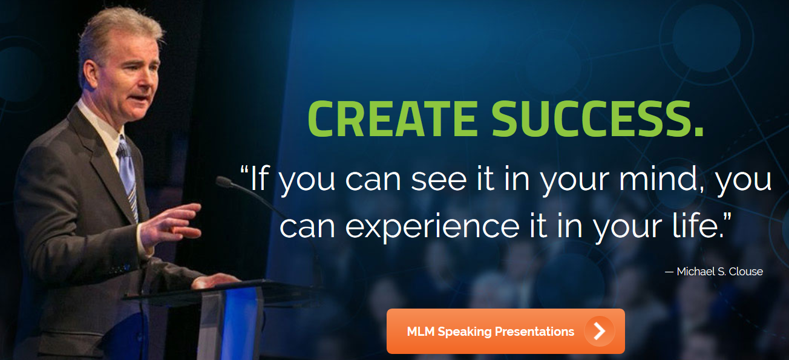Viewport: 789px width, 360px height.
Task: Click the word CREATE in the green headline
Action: (x=393, y=119)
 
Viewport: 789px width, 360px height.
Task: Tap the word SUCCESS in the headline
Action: (x=591, y=119)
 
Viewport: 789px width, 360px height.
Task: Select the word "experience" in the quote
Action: (x=433, y=227)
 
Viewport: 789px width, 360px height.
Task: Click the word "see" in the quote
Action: (x=439, y=181)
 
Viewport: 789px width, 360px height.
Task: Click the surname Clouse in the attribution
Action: (x=745, y=272)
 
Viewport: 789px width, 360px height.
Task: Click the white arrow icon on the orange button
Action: (x=600, y=331)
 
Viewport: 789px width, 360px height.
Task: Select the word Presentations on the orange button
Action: (x=534, y=332)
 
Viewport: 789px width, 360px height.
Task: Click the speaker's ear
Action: (x=91, y=74)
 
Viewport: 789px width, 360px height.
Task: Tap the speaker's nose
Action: (x=154, y=79)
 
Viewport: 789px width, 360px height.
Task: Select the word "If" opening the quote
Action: (x=258, y=178)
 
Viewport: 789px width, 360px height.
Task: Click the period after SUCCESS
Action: (x=699, y=132)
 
